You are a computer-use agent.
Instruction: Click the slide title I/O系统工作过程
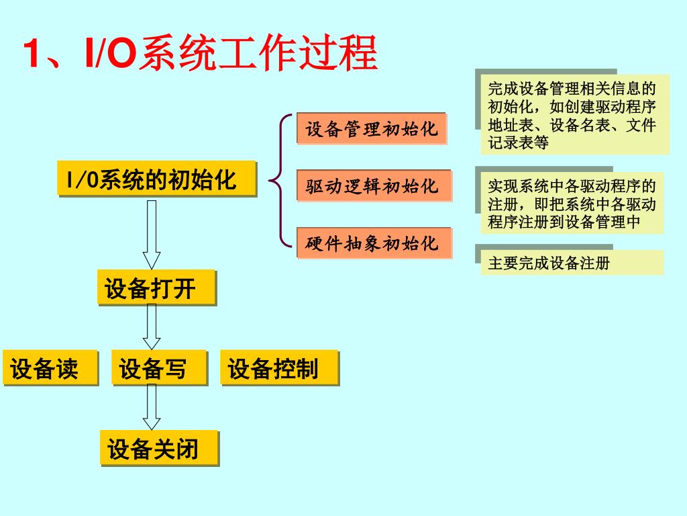pos(201,54)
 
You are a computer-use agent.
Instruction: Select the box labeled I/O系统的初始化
pos(157,179)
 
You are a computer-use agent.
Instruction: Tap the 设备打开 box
pos(157,288)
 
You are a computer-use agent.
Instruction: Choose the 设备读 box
pos(50,368)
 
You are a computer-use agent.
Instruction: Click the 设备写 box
pos(159,368)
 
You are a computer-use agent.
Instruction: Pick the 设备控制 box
pos(278,368)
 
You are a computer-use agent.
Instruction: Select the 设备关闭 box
pos(159,448)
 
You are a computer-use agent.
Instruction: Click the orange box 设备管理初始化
pos(371,128)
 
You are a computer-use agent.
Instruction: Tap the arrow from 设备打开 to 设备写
pos(152,327)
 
